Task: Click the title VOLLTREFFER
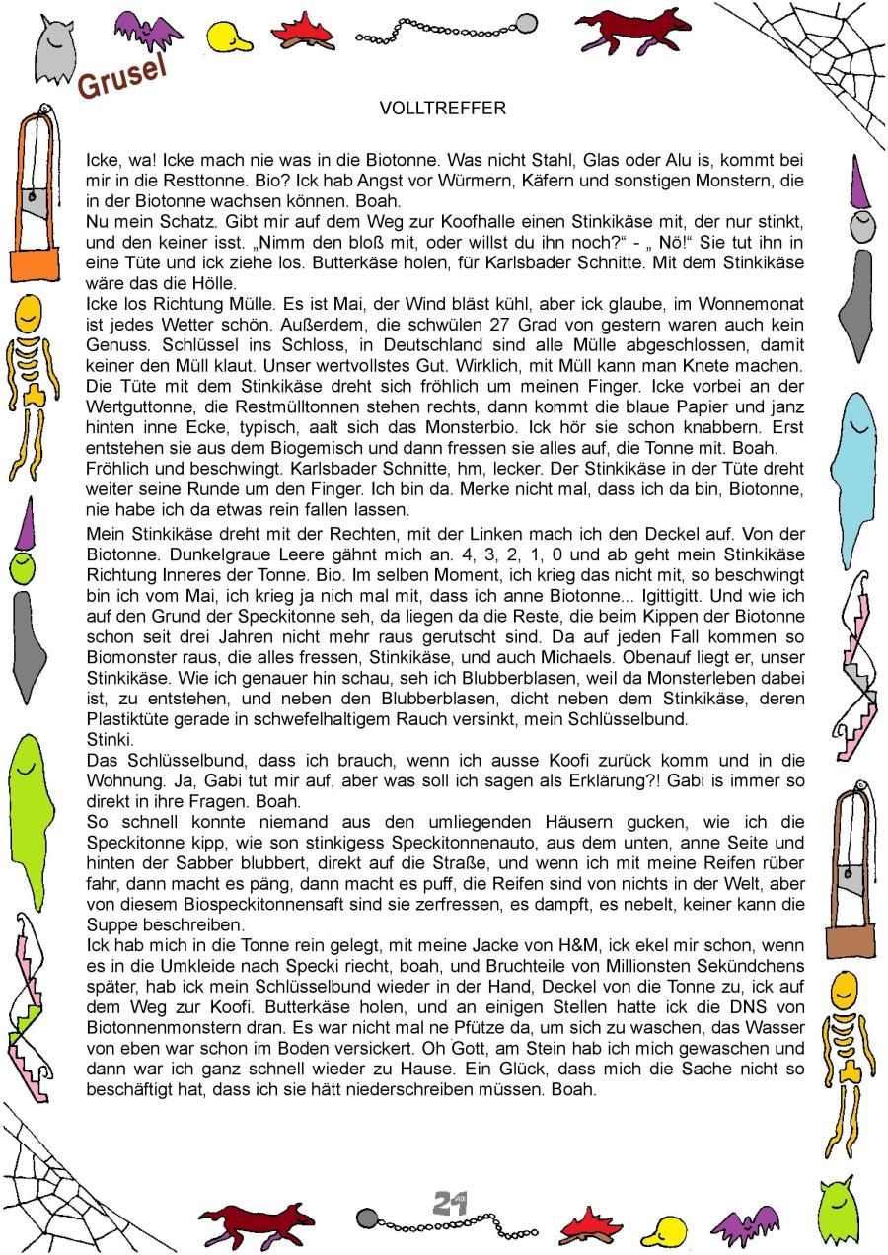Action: point(442,109)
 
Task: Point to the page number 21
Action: point(449,1203)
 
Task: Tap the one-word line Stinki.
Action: point(109,740)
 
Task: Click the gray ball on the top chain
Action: point(528,22)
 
